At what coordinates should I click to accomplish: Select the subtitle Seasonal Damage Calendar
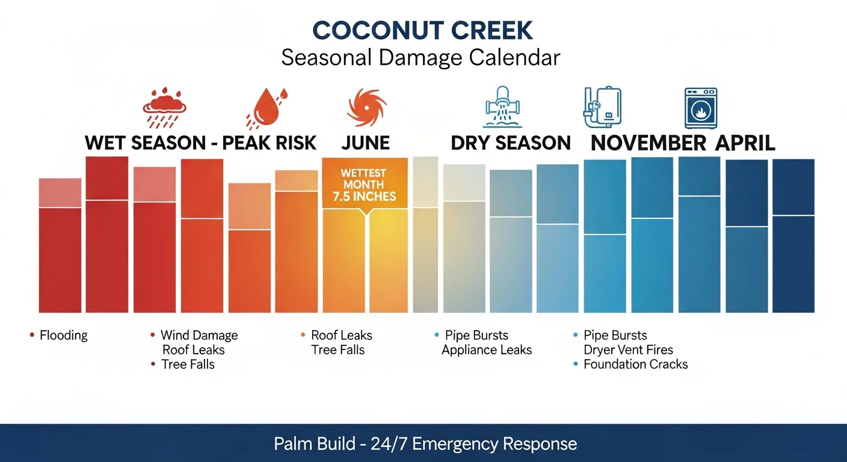pos(420,58)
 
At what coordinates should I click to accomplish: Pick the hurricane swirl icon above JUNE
pos(365,106)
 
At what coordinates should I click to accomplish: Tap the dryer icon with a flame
pos(701,108)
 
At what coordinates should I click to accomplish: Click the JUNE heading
pos(365,143)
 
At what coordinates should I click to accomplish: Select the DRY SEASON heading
pos(511,143)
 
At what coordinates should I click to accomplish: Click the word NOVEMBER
pos(648,143)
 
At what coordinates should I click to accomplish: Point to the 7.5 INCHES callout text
pos(365,196)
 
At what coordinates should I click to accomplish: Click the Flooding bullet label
pos(63,336)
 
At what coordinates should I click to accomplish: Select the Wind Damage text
pos(199,336)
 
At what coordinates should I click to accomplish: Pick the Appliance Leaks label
pos(487,350)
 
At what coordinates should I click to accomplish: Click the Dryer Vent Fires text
pos(628,350)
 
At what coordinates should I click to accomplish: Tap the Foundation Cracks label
pos(635,365)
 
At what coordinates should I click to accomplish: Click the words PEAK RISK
pos(269,143)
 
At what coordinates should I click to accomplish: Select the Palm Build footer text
pos(425,444)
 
